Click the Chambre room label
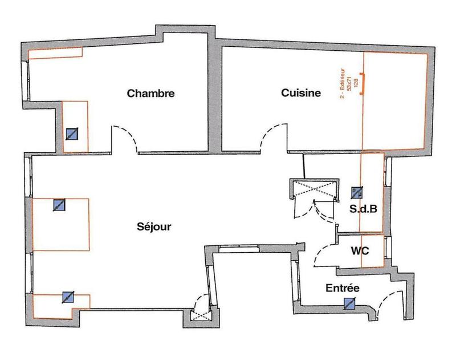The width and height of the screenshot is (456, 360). click(x=150, y=93)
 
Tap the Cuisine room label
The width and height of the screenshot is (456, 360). click(x=302, y=93)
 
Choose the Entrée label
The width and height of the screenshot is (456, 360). click(x=342, y=289)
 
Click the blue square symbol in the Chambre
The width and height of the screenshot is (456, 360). click(x=72, y=134)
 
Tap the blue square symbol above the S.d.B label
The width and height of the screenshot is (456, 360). click(x=357, y=192)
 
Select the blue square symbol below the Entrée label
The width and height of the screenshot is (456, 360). click(x=349, y=304)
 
